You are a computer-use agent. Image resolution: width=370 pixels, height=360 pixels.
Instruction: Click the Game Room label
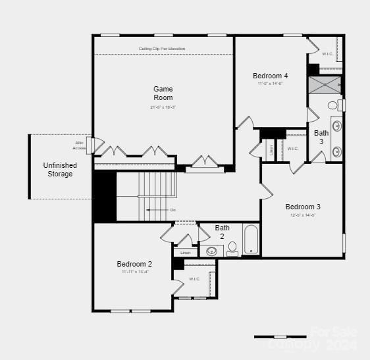[x=163, y=93]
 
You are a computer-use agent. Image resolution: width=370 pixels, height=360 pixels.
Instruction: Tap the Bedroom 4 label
[x=270, y=76]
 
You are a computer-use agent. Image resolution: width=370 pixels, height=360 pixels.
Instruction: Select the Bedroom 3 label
[x=303, y=206]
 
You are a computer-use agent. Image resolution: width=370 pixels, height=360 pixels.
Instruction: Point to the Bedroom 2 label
[x=134, y=264]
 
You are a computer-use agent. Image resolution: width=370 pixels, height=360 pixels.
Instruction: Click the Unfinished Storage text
[x=60, y=170]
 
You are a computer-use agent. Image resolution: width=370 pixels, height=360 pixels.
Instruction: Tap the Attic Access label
[x=80, y=145]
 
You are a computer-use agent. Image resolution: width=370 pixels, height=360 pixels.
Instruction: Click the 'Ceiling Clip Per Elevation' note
[x=162, y=49]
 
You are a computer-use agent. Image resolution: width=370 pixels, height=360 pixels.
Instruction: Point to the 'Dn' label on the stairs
[x=173, y=210]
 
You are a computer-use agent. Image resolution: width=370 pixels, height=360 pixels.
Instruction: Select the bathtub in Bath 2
[x=251, y=240]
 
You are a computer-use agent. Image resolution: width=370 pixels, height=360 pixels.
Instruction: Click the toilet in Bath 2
[x=232, y=249]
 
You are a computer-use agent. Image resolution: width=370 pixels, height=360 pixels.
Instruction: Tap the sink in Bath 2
[x=212, y=251]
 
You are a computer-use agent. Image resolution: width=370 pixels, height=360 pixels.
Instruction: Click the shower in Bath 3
[x=325, y=85]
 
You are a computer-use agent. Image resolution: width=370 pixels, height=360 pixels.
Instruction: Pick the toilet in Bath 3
[x=334, y=105]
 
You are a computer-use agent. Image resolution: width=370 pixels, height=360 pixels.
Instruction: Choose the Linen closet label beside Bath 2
[x=186, y=252]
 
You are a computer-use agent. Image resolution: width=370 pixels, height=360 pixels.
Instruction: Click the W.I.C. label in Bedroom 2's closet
[x=195, y=279]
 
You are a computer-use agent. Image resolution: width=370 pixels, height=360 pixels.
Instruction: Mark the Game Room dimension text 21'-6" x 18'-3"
[x=163, y=107]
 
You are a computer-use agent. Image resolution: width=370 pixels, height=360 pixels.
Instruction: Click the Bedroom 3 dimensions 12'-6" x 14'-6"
[x=303, y=215]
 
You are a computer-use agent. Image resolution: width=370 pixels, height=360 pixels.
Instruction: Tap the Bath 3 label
[x=321, y=137]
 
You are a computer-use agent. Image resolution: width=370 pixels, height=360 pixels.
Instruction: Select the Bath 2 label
[x=223, y=232]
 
